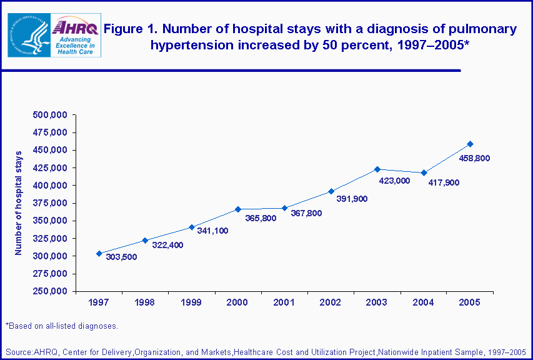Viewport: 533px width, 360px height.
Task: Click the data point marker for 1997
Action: [x=99, y=253]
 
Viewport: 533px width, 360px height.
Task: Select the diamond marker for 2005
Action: [x=470, y=144]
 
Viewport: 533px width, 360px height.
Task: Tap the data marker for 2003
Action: [x=377, y=169]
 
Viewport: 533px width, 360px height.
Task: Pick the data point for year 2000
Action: [x=238, y=209]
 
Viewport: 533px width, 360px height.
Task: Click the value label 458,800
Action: [x=474, y=158]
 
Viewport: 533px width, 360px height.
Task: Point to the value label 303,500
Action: [x=122, y=257]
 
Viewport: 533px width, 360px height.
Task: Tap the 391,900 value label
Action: [x=351, y=199]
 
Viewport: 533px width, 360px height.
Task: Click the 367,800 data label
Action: [x=306, y=213]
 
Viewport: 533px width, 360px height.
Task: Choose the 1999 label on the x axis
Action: [x=192, y=302]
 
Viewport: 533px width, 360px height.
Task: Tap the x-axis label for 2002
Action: [x=331, y=302]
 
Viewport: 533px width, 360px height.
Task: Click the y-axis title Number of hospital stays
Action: [x=19, y=202]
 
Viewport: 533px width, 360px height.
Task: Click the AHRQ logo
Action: [x=76, y=36]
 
